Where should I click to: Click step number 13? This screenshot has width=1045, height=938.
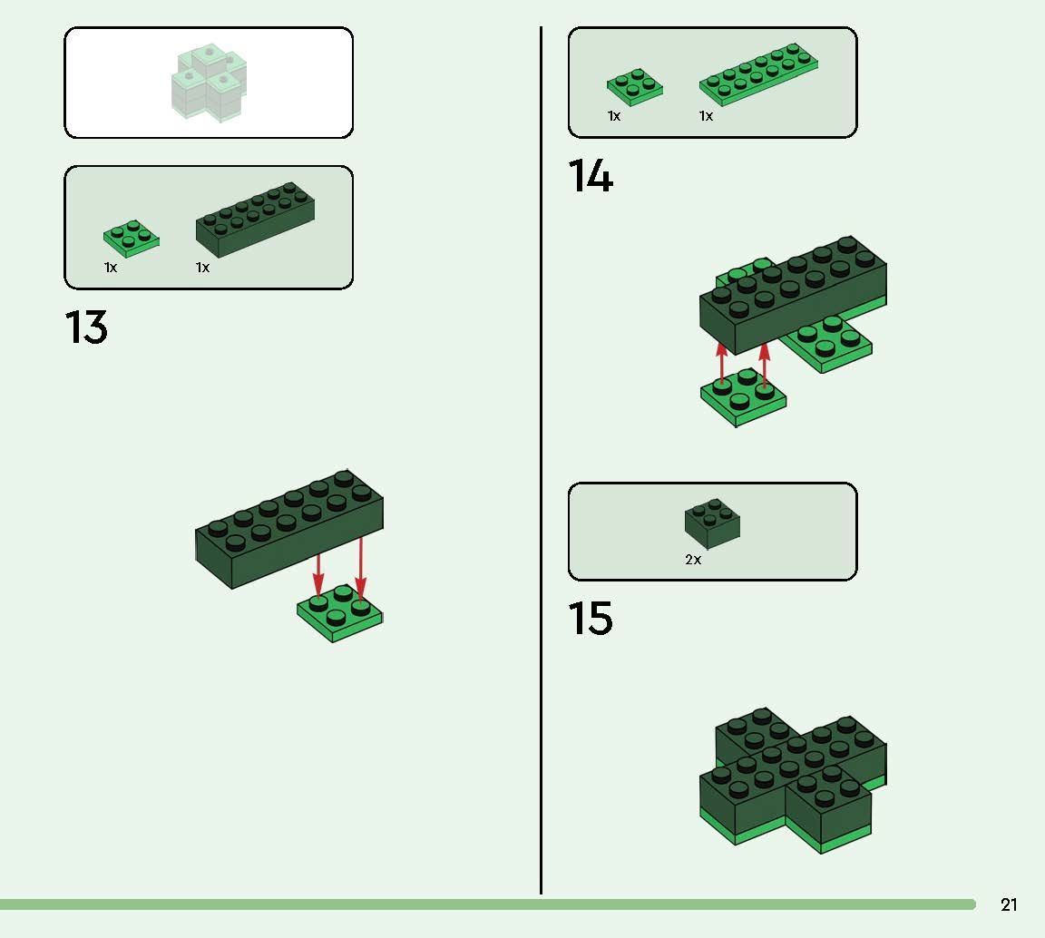[x=86, y=327]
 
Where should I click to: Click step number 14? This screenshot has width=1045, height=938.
[x=591, y=176]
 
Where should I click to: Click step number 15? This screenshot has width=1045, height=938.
[x=591, y=619]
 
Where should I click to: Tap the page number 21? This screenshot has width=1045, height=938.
[x=1009, y=904]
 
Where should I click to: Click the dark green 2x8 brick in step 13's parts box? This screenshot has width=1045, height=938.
[x=255, y=219]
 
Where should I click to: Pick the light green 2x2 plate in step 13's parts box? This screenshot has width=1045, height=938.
[x=131, y=238]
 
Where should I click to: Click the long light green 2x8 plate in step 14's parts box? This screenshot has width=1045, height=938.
[x=758, y=73]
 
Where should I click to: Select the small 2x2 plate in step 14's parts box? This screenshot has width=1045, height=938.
[x=634, y=86]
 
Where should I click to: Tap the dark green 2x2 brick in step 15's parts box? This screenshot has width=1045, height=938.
[x=712, y=523]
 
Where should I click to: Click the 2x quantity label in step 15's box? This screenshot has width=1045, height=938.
[x=693, y=561]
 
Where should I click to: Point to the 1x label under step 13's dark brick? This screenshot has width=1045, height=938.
[x=202, y=268]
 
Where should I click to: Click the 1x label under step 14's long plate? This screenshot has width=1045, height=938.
[x=706, y=116]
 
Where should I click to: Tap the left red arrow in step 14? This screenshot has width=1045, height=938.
[x=722, y=362]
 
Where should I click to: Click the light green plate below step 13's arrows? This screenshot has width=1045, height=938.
[x=339, y=615]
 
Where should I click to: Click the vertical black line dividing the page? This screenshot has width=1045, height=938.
[x=542, y=454]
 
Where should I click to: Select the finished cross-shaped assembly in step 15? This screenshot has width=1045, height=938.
[x=791, y=780]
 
